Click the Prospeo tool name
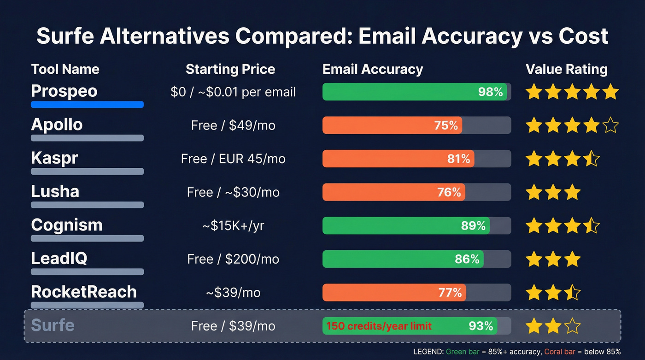pos(64,91)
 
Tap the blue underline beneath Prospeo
pos(87,105)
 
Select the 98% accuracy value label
pos(490,92)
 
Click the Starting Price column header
pos(230,70)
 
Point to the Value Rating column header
pos(566,70)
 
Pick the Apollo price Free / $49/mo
pos(233,125)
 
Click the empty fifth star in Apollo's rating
pos(610,125)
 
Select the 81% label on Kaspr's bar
pos(458,159)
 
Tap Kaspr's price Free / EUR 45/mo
pos(233,159)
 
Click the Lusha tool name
pos(55,191)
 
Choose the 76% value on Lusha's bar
pos(449,192)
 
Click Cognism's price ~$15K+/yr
pos(233,226)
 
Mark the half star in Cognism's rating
pos(591,226)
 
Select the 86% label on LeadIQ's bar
pos(467,259)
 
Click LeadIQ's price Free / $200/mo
pos(233,259)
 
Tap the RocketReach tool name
pos(83,292)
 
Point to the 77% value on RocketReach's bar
pos(450,293)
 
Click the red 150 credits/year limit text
pos(379,326)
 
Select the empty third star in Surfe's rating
pos(572,326)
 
